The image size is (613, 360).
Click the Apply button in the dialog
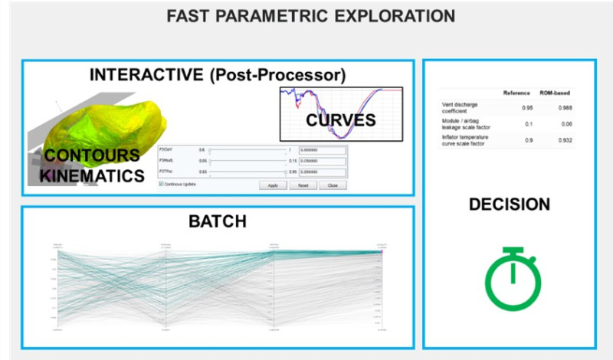click(273, 185)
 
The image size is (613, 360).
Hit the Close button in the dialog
click(333, 185)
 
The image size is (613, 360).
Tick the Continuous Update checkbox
click(162, 184)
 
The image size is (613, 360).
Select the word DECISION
click(509, 205)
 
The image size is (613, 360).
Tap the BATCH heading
click(218, 222)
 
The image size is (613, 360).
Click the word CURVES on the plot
click(341, 120)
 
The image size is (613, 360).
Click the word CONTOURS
click(92, 156)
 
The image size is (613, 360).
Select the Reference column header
click(516, 93)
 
